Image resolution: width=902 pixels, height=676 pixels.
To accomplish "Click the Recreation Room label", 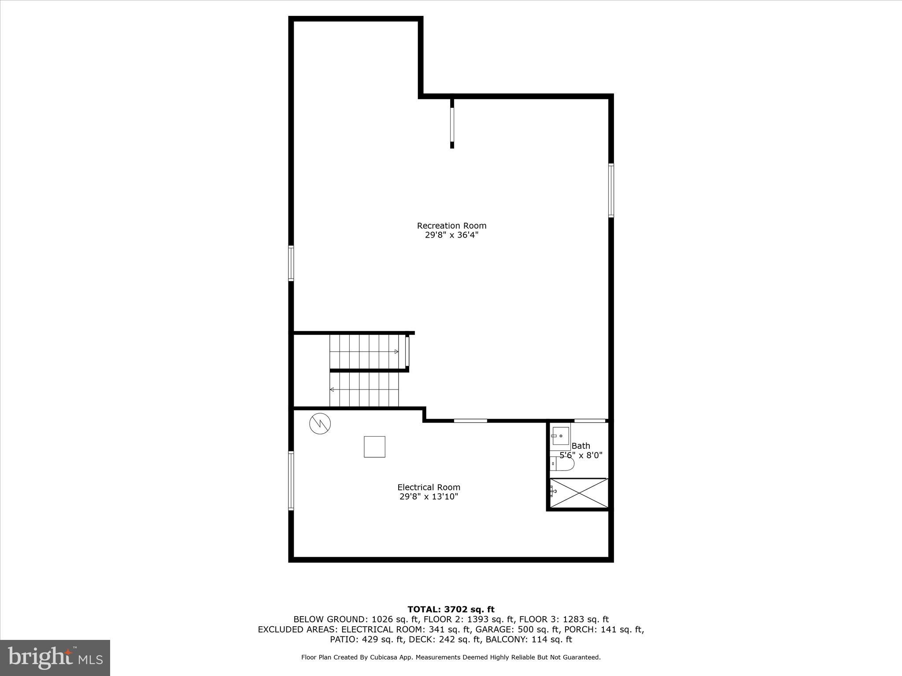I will tap(451, 226).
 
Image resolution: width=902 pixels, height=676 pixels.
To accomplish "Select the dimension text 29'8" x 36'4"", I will tap(451, 235).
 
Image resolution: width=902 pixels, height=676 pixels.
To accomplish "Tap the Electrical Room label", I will tap(429, 487).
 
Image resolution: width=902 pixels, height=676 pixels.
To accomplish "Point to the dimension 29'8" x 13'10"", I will tap(429, 497).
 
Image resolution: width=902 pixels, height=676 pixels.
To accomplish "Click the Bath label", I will tap(580, 446).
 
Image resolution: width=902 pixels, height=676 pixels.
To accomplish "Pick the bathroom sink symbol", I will tap(561, 436).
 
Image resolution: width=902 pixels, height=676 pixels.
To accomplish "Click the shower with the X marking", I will tap(579, 493).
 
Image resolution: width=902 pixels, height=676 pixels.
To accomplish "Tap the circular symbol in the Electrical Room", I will tap(320, 424).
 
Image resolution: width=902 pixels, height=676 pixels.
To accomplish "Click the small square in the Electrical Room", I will tap(374, 447).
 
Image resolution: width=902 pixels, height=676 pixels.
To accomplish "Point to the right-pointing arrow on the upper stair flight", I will tap(396, 352).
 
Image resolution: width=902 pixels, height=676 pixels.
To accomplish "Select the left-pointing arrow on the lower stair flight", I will tap(332, 389).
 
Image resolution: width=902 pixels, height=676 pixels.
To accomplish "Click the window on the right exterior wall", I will tap(611, 190).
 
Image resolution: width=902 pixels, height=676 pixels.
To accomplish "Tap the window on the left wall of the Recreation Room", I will tap(291, 263).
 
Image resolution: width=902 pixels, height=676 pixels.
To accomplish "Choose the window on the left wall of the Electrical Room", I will tap(291, 481).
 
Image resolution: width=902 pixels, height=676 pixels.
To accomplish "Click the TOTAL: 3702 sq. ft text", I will tap(451, 610).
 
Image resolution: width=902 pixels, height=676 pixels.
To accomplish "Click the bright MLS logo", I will tap(55, 658).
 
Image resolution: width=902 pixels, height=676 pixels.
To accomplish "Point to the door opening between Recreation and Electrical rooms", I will tap(470, 421).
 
